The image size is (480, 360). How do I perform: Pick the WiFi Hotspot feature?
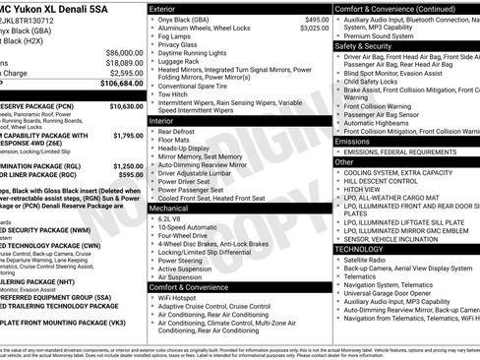pyautogui.click(x=181, y=296)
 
